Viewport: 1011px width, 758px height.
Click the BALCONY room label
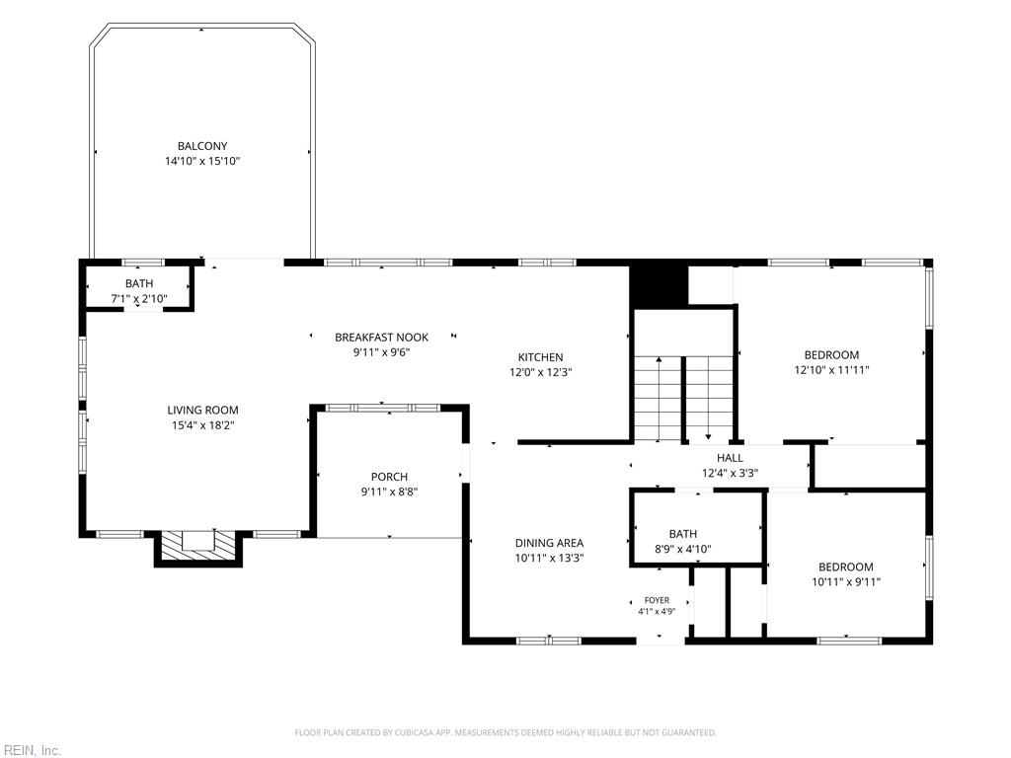[x=202, y=146]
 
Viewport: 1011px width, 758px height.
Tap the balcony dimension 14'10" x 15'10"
[x=202, y=161]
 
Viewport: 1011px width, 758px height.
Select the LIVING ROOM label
[x=202, y=410]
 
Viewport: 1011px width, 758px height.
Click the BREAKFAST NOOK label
[x=382, y=338]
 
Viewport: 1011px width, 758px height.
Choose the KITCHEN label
[x=540, y=357]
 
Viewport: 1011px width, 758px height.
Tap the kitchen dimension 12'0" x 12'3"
[x=540, y=372]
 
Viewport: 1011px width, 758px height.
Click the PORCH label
[x=389, y=477]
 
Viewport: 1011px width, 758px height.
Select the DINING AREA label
[x=549, y=544]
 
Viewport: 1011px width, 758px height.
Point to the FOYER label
[x=657, y=600]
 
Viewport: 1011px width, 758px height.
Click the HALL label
[x=730, y=458]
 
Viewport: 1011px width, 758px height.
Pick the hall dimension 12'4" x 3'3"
[x=730, y=473]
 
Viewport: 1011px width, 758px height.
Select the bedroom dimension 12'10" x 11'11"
[x=831, y=370]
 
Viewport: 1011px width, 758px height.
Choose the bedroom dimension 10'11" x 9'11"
[x=846, y=582]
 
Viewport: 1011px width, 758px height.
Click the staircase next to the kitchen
[x=683, y=399]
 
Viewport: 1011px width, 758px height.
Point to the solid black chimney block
[x=659, y=287]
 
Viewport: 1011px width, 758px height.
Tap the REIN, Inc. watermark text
[x=31, y=750]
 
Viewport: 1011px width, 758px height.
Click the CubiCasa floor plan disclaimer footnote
[x=505, y=732]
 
